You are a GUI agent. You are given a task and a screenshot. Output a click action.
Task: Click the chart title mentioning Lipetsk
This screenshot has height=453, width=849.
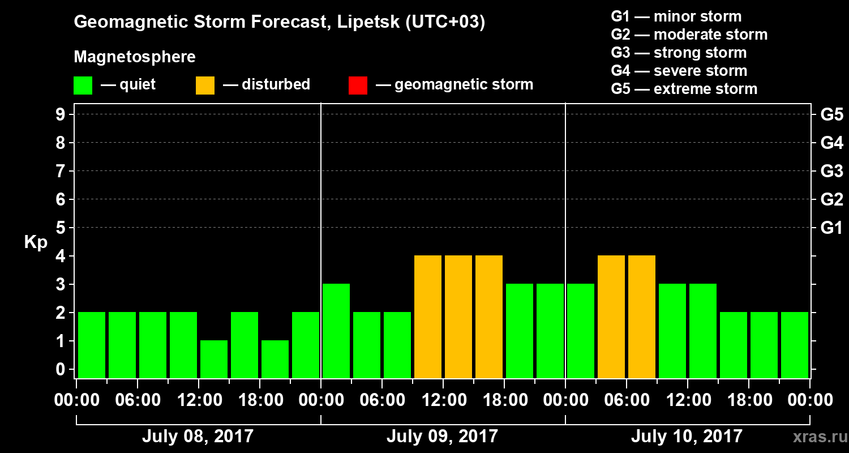click(279, 23)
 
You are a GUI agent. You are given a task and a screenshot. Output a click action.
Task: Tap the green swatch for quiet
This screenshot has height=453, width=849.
click(83, 85)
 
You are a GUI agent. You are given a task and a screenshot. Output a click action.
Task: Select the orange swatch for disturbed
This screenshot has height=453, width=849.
click(205, 85)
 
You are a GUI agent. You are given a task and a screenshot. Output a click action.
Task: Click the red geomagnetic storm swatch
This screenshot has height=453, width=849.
click(358, 85)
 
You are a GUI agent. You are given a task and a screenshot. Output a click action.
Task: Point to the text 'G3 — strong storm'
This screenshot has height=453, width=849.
click(679, 53)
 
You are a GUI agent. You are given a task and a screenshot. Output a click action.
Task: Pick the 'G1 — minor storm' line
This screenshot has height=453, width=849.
click(676, 16)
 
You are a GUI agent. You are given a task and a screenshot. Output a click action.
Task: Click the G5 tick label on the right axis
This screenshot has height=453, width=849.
click(831, 115)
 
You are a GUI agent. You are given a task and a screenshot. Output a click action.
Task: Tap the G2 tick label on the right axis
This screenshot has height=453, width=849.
click(831, 199)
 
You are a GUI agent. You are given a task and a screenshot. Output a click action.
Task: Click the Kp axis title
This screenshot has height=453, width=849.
click(36, 242)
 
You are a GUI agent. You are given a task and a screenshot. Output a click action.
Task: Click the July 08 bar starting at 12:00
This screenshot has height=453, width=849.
click(214, 359)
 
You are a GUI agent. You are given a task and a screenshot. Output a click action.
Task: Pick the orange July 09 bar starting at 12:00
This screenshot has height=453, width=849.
click(458, 317)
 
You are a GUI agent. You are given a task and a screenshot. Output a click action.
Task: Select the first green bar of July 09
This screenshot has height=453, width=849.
click(336, 331)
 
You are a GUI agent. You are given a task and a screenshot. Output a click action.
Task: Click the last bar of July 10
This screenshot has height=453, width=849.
click(795, 345)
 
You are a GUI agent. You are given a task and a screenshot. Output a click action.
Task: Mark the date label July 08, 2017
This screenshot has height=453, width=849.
click(198, 436)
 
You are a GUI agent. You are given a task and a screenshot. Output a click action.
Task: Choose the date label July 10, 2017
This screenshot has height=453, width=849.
click(686, 436)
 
